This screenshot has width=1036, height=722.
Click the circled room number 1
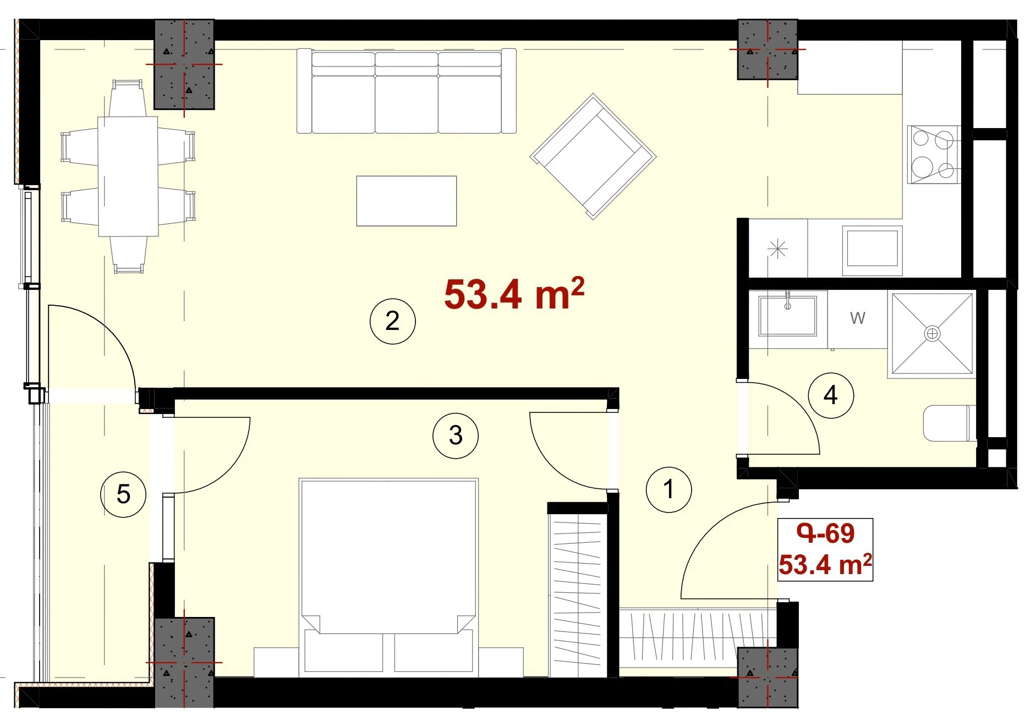(668, 489)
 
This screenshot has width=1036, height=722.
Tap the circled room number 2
(392, 321)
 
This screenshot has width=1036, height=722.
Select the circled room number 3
(456, 436)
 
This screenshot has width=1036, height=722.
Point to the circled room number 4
(831, 395)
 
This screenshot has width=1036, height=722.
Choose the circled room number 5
(123, 494)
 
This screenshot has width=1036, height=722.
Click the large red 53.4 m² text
(514, 294)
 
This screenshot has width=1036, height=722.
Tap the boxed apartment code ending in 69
(826, 533)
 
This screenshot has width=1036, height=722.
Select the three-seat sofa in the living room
(407, 91)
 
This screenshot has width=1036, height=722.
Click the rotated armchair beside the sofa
(593, 157)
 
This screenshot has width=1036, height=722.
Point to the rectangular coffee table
(407, 201)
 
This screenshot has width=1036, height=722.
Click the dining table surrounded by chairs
(128, 176)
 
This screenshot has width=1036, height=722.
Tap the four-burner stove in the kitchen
(933, 155)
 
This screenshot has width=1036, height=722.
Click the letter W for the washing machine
(858, 318)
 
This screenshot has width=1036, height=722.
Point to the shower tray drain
(932, 333)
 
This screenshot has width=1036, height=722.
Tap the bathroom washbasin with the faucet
(787, 315)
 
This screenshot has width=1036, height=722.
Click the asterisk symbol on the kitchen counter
(777, 249)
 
